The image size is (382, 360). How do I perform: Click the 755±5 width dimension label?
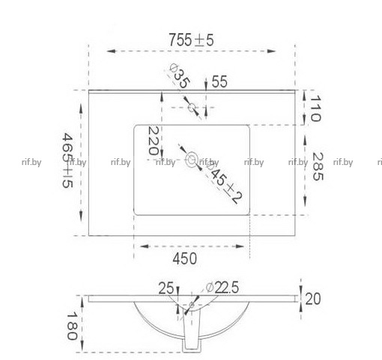(x=191, y=40)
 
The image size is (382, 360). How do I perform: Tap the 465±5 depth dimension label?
(x=67, y=160)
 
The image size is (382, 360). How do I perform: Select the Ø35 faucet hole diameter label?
(x=180, y=76)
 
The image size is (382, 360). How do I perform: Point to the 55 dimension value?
(x=219, y=82)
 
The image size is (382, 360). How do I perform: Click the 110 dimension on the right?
(x=315, y=108)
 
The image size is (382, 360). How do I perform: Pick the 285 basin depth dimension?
(x=318, y=166)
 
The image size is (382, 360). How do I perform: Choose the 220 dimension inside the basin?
(x=154, y=140)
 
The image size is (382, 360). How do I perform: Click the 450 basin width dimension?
(x=184, y=259)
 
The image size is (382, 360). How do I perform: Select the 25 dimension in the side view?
(x=166, y=288)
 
